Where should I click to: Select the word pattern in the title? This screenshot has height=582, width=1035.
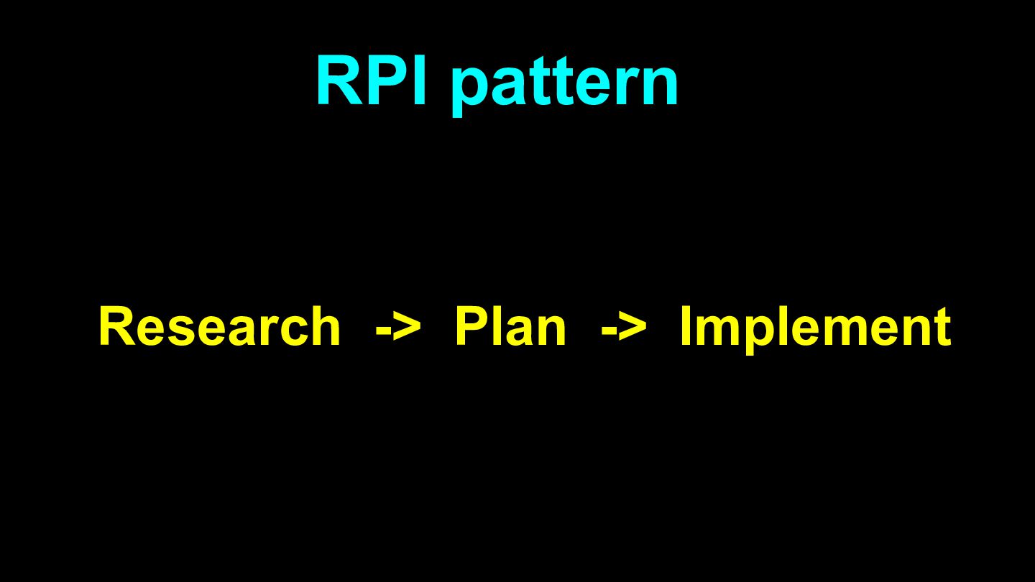click(565, 85)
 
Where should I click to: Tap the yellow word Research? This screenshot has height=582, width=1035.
click(219, 327)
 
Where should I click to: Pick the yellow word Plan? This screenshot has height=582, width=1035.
click(510, 327)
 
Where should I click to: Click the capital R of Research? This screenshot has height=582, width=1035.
click(116, 327)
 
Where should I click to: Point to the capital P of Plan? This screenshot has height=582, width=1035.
click(472, 327)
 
